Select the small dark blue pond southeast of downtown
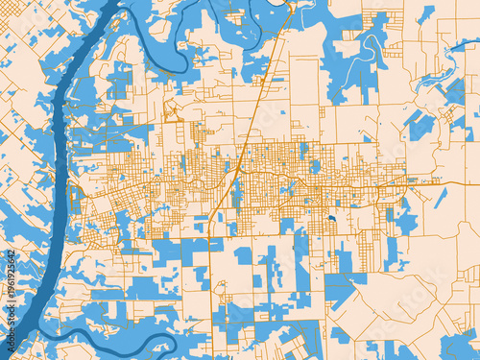(x=331, y=218)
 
